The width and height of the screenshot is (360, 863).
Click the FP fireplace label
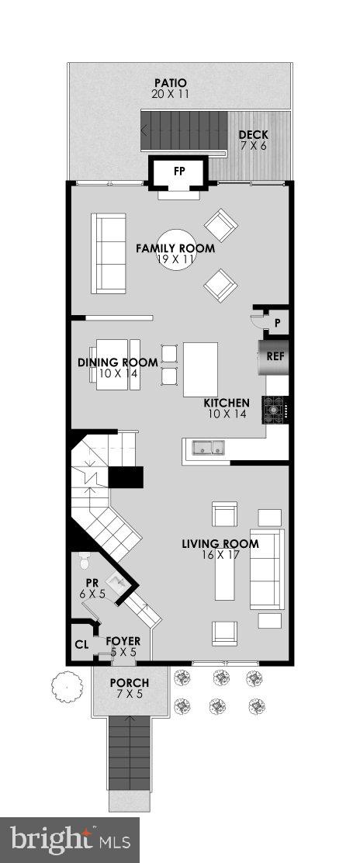pyautogui.click(x=179, y=172)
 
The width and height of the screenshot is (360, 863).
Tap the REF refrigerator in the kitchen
pyautogui.click(x=275, y=358)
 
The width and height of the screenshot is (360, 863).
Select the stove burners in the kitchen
pyautogui.click(x=275, y=408)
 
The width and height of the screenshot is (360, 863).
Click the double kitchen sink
pyautogui.click(x=208, y=447)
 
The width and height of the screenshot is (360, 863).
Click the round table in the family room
pyautogui.click(x=176, y=248)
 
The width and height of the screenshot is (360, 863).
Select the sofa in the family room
pyautogui.click(x=109, y=253)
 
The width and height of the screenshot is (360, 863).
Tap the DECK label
pyautogui.click(x=253, y=136)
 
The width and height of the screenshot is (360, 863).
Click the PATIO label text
pyautogui.click(x=170, y=83)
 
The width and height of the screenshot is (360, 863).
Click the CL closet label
pyautogui.click(x=81, y=643)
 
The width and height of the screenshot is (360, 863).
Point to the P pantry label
pyautogui.click(x=276, y=322)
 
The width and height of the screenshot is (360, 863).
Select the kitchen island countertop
pyautogui.click(x=200, y=369)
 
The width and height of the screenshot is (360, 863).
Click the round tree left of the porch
pyautogui.click(x=67, y=686)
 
